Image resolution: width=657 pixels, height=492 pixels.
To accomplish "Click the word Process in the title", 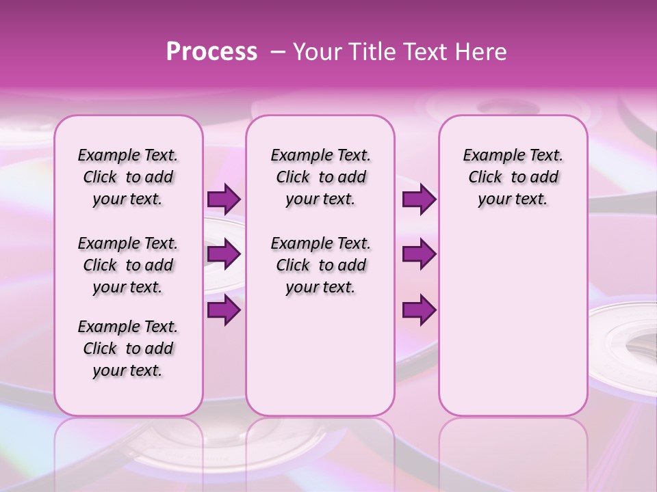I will [x=211, y=52].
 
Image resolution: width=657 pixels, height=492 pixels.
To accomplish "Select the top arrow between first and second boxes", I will [x=224, y=200].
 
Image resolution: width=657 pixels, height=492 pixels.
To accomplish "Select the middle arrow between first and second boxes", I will [x=224, y=254].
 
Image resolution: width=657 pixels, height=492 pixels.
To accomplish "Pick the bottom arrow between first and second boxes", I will [x=224, y=310].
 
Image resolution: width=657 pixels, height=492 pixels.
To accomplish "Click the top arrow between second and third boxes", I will [x=419, y=200].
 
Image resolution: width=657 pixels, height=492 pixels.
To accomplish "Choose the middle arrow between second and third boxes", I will [x=419, y=254].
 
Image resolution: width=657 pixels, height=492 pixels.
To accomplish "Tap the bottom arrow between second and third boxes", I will [x=419, y=310].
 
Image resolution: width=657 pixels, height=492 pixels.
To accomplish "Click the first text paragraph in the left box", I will [x=128, y=177].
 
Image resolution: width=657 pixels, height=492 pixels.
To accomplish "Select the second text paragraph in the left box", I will [x=128, y=265].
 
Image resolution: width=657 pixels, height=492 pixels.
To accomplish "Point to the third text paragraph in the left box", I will [x=128, y=348].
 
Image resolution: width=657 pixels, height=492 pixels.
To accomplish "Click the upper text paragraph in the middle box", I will [x=320, y=177].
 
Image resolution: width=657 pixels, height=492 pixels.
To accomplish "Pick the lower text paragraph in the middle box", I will [x=320, y=265].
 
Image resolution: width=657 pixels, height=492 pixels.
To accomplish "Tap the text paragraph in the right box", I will [x=513, y=177].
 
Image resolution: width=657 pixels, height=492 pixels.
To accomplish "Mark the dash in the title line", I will [x=278, y=52].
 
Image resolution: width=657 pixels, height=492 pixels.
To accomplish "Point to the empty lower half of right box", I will [x=513, y=328].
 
